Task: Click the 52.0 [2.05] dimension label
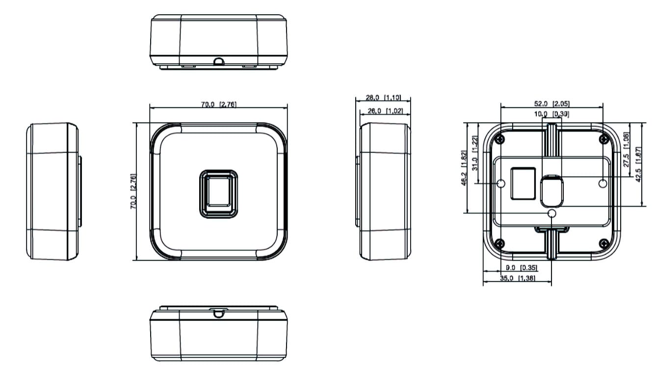pos(551,104)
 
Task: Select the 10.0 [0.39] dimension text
pos(551,114)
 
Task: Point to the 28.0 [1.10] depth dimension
pos(383,97)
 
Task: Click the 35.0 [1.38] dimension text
pos(518,278)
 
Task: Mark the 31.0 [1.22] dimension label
pos(474,159)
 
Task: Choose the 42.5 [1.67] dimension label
pos(638,164)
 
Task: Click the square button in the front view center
pos(219,193)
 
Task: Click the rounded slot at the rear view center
pos(552,191)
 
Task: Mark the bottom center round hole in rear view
pos(552,213)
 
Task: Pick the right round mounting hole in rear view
pos(603,183)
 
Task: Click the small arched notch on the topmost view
pos(219,61)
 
